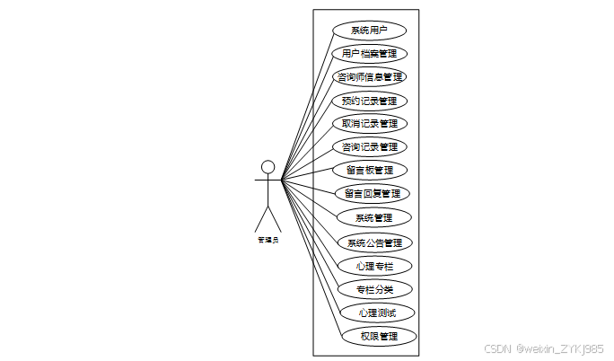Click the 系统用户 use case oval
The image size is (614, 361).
point(370,30)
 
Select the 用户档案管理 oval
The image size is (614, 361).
point(370,53)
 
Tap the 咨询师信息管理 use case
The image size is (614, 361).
point(370,76)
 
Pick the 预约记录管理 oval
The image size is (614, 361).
point(370,100)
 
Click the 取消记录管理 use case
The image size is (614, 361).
point(370,123)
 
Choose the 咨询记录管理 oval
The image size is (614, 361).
point(370,146)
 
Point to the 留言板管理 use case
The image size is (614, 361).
point(370,170)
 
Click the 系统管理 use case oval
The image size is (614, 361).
point(373,217)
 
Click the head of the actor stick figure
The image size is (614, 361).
point(268,166)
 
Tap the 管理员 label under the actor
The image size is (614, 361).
point(268,240)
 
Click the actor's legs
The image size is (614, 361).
point(268,218)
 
